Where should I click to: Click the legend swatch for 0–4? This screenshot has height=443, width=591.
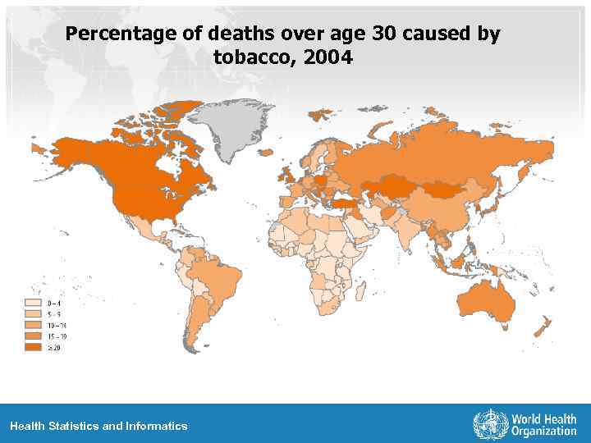(x=34, y=303)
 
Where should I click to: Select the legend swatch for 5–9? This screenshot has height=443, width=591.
(x=34, y=313)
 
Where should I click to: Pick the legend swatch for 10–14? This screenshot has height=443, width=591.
(x=34, y=325)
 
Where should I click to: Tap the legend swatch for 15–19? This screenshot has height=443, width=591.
(x=34, y=336)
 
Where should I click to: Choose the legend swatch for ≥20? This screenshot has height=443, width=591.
(x=34, y=347)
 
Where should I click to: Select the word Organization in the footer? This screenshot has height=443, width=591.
(x=543, y=432)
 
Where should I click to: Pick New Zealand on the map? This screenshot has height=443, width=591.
(x=543, y=328)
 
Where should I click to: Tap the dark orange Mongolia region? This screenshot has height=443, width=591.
(x=443, y=188)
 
